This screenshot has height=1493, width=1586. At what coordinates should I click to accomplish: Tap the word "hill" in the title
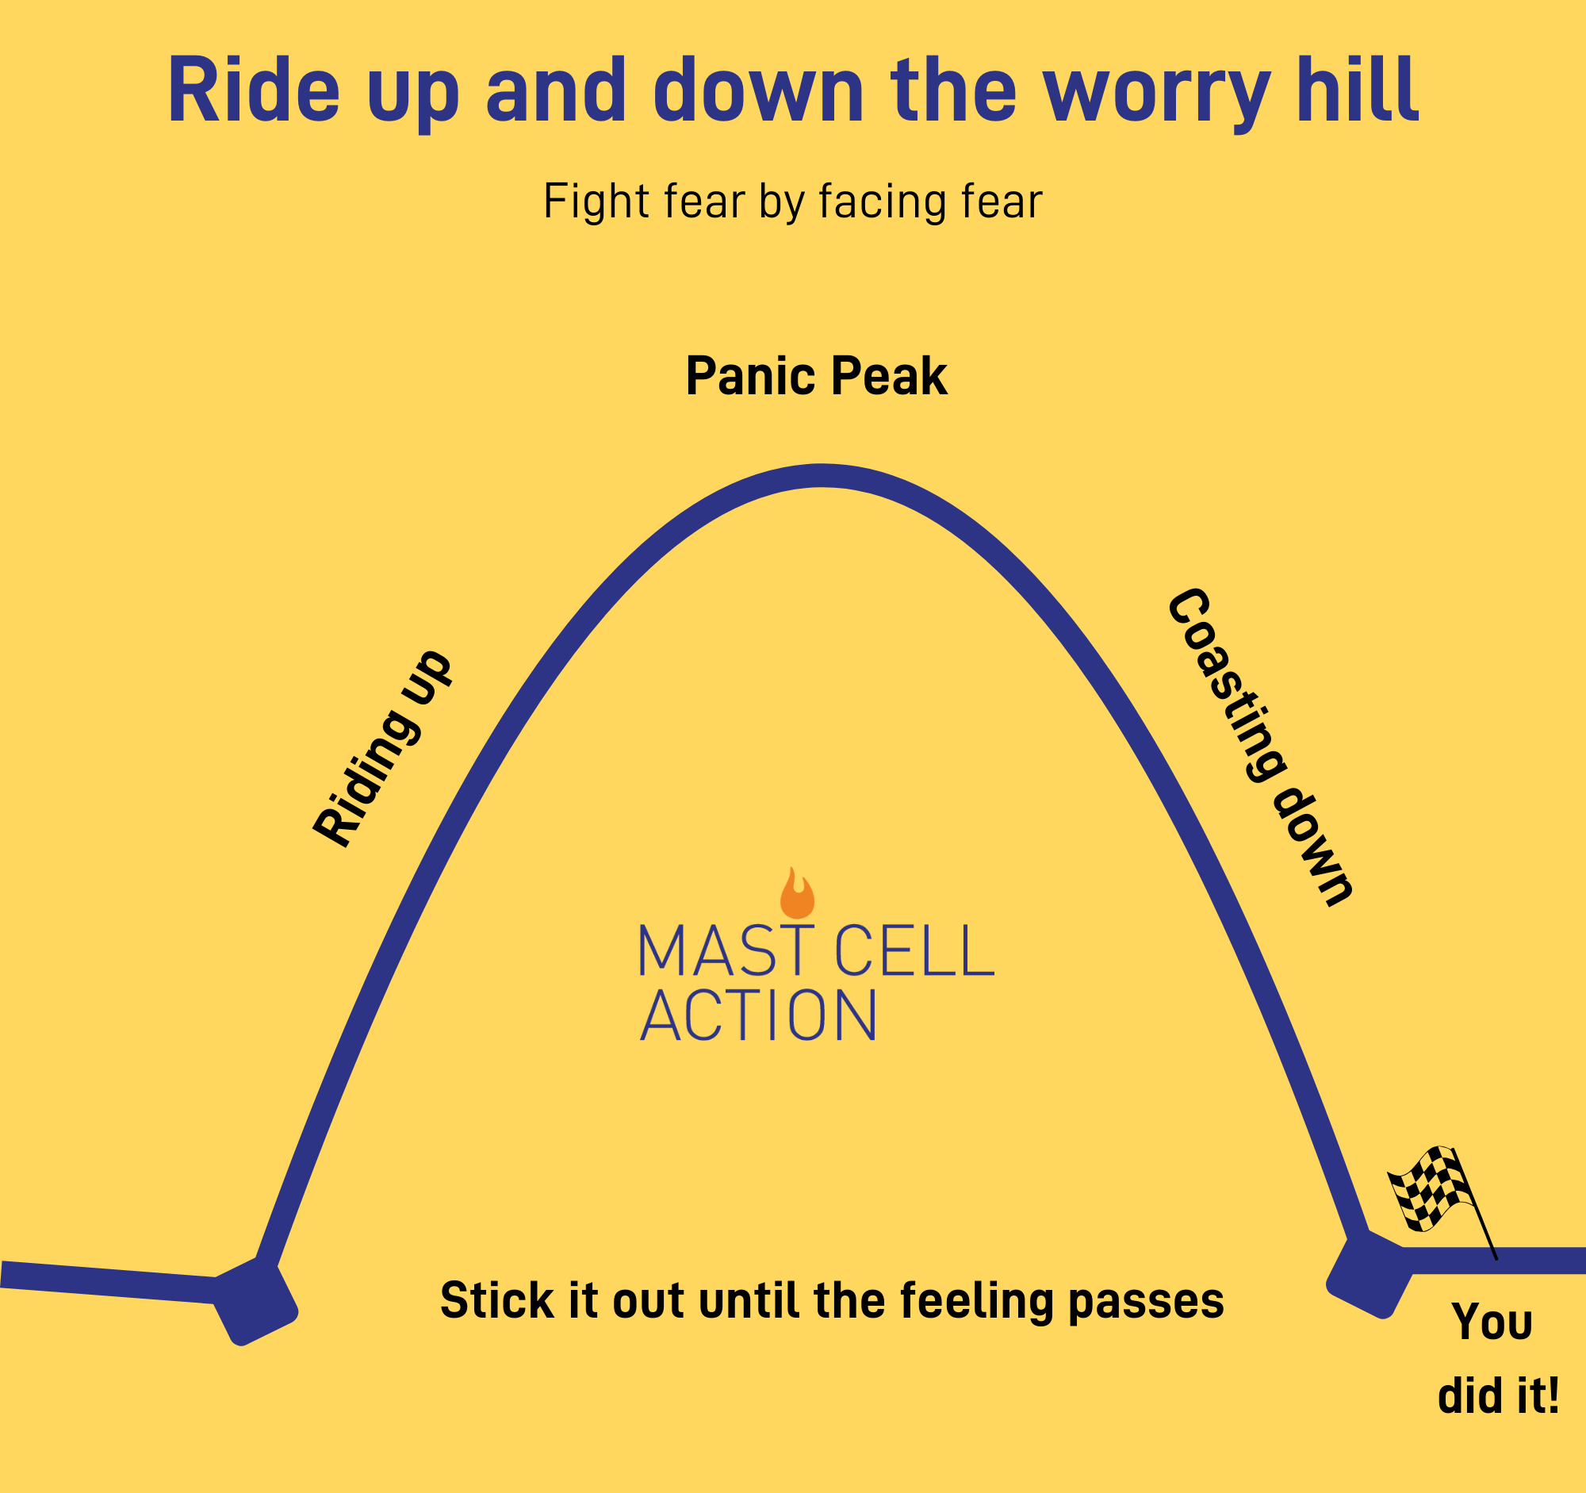1358,89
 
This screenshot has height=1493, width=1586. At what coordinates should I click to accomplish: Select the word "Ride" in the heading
255,89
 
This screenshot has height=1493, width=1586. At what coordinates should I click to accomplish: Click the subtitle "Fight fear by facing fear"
793,201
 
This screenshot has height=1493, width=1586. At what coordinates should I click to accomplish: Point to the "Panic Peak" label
816,376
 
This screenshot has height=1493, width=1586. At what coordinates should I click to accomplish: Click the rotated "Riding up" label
382,749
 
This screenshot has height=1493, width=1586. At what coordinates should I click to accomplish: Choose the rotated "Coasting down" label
1261,747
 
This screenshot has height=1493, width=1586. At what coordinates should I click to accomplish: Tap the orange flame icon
797,893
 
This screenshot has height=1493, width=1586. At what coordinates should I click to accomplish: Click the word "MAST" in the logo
726,950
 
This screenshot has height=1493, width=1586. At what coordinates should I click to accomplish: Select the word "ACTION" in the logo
758,1015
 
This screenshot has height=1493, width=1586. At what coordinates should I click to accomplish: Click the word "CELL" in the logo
914,950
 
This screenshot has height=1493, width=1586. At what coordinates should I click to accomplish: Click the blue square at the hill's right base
1369,1274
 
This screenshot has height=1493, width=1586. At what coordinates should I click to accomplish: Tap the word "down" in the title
759,89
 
